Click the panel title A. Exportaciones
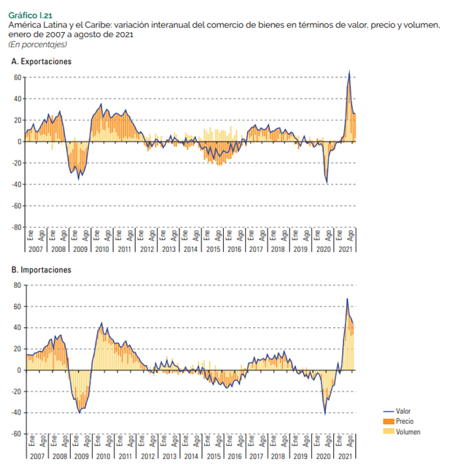(41, 61)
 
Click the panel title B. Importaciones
(41, 270)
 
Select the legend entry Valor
(403, 412)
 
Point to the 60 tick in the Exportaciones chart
(17, 77)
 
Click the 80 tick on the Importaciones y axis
(17, 285)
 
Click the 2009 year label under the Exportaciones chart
(80, 249)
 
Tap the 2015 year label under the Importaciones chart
(213, 457)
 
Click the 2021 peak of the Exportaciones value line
(349, 71)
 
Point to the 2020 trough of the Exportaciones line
(327, 182)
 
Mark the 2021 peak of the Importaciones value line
(347, 299)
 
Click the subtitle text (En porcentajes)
(34, 44)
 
